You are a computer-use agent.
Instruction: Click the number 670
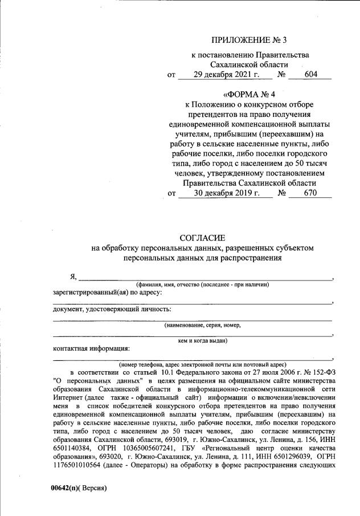(310, 193)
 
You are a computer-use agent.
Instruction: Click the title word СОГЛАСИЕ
(203, 238)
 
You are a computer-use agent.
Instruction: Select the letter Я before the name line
(73, 277)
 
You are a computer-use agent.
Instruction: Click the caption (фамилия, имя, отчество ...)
(202, 284)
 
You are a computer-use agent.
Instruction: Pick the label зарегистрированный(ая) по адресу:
(108, 292)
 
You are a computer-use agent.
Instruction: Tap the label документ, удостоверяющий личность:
(112, 310)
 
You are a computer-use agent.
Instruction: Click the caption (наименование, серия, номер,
(202, 325)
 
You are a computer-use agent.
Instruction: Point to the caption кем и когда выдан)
(203, 340)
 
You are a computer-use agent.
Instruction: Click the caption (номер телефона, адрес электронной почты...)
(202, 364)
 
